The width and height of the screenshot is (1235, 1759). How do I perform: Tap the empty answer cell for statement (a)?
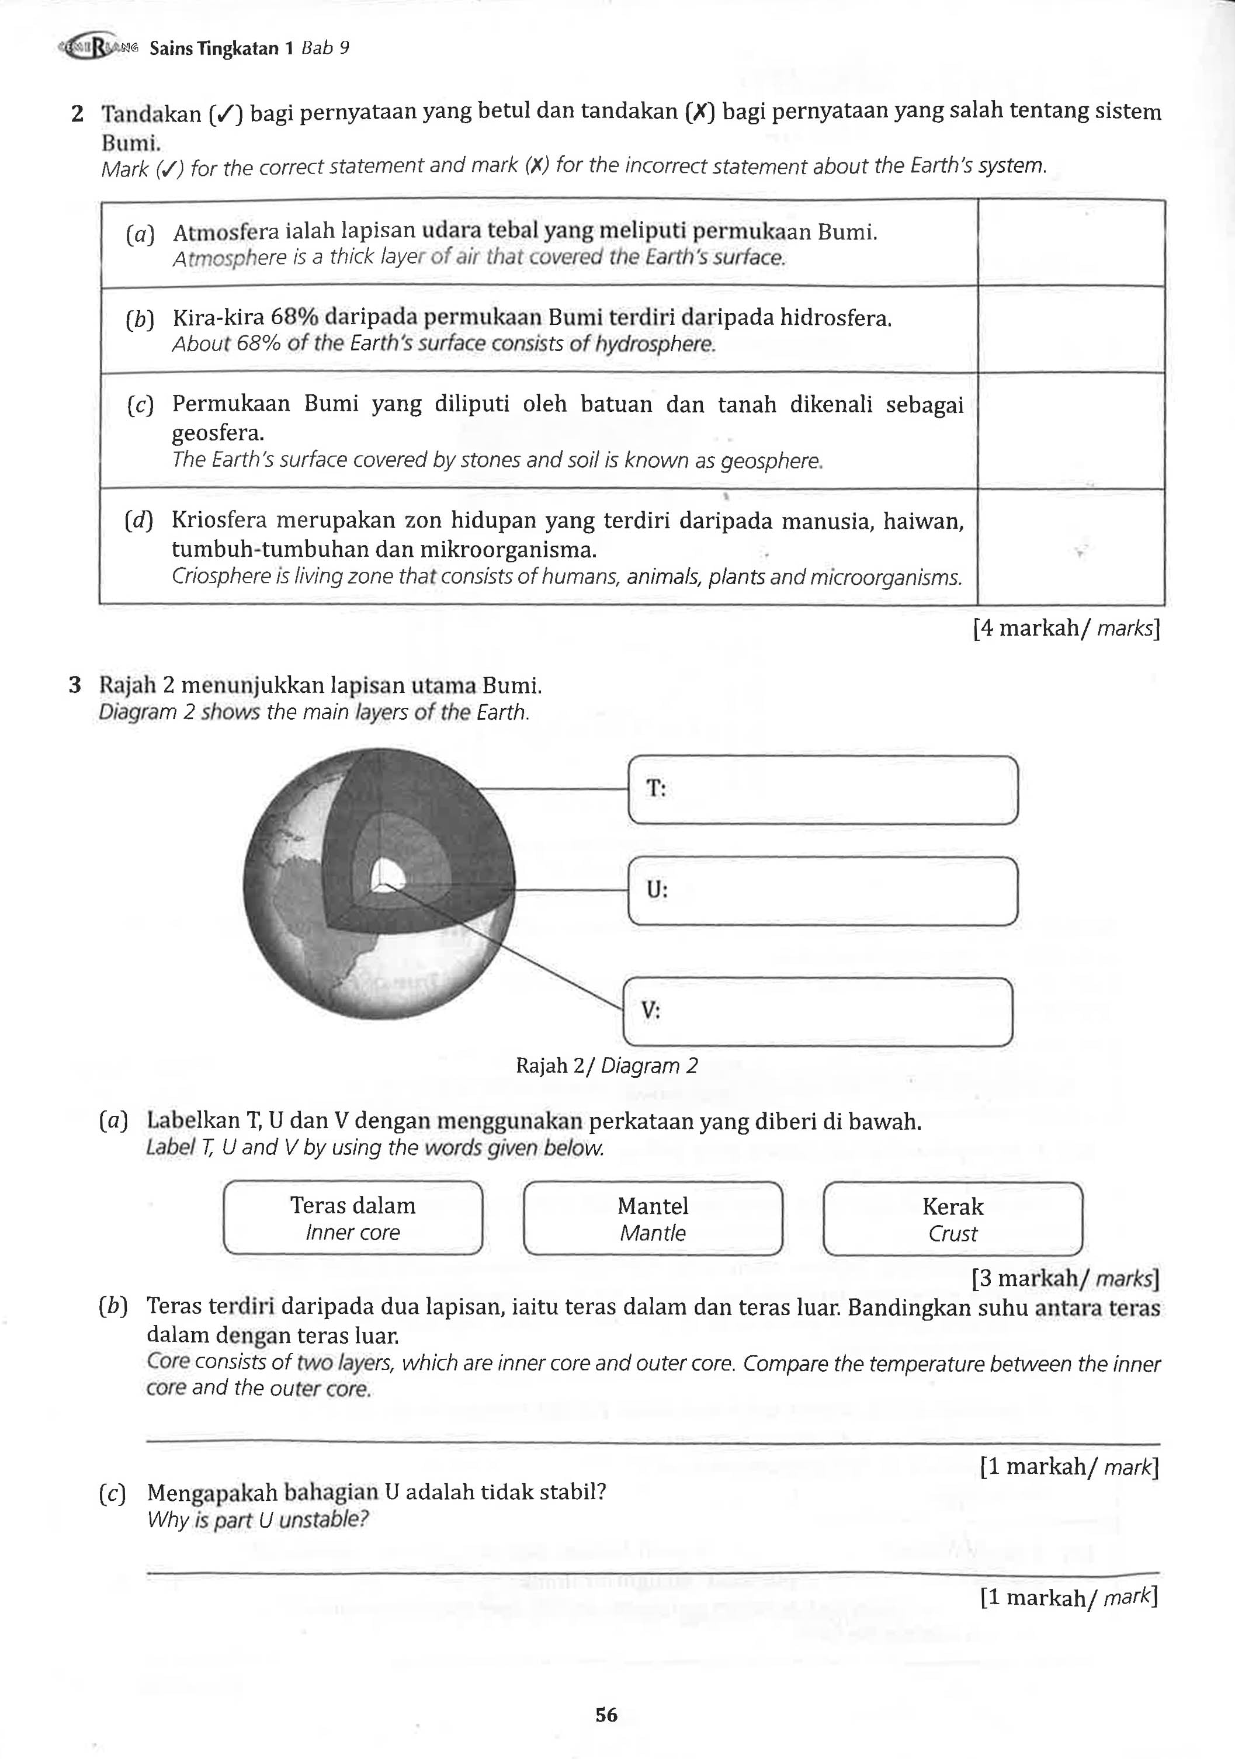coord(1070,244)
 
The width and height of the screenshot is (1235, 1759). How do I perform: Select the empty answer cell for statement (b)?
coord(1070,330)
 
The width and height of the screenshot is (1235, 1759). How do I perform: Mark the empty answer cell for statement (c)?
coord(1070,431)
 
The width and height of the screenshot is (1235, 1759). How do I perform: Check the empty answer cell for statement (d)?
coord(1070,546)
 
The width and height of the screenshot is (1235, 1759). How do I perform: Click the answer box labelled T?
coord(823,790)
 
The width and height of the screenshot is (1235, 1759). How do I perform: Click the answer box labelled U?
coord(823,891)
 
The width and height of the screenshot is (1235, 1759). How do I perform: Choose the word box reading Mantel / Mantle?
coord(653,1219)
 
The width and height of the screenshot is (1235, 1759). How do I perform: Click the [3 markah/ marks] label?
coord(1064,1279)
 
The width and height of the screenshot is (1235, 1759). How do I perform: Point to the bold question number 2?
coord(77,114)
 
